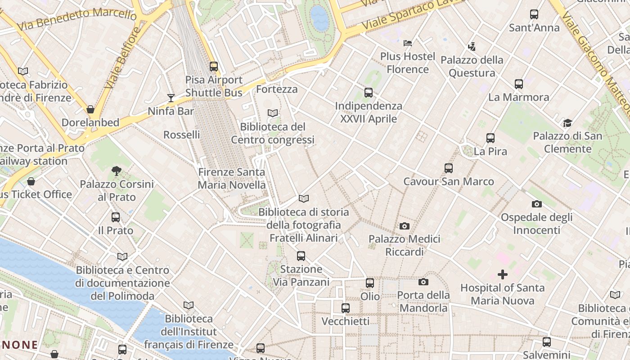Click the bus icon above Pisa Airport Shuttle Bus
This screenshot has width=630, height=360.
214,67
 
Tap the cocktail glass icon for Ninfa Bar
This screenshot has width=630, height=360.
171,98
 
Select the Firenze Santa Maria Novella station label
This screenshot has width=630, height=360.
232,178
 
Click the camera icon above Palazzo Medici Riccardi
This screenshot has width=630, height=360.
405,226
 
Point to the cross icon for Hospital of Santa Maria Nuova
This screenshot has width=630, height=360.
503,274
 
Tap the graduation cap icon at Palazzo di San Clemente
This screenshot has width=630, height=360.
567,123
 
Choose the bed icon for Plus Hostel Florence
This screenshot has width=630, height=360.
408,43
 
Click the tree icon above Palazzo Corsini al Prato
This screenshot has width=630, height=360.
117,171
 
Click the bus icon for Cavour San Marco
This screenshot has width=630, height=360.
449,168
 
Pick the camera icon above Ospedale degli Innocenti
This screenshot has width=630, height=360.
536,204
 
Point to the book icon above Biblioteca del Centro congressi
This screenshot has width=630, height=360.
273,113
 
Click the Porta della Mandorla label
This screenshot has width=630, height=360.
423,301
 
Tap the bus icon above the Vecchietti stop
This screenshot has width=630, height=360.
346,308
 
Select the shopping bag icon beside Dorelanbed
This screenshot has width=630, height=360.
90,109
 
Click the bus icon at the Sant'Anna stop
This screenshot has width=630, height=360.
534,14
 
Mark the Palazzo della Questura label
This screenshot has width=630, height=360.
472,66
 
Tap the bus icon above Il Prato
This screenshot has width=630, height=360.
116,217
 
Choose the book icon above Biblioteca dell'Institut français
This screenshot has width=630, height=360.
189,306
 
